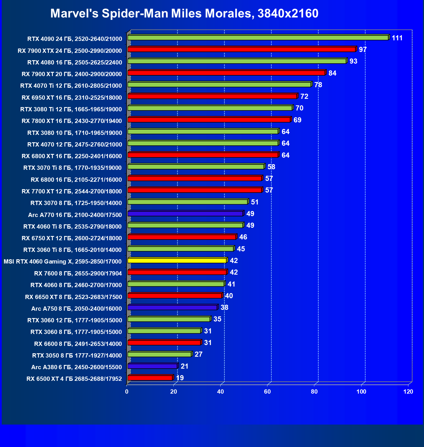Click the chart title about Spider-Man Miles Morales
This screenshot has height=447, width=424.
(x=184, y=13)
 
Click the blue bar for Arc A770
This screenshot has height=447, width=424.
(x=185, y=214)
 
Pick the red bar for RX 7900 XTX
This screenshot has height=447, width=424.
(x=241, y=49)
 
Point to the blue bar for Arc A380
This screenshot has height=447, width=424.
(x=152, y=366)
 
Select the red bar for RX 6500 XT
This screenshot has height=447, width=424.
(x=150, y=378)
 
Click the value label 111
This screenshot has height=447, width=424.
(x=397, y=38)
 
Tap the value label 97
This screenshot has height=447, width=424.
(x=363, y=50)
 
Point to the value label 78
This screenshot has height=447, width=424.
(x=318, y=85)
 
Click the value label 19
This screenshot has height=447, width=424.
(x=180, y=378)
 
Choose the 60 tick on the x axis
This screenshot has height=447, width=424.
(x=267, y=392)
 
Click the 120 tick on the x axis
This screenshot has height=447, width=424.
(x=408, y=392)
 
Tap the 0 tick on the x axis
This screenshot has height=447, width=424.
(x=127, y=392)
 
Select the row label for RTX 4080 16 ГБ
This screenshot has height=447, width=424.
(x=75, y=62)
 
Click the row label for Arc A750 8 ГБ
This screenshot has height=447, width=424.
(x=76, y=309)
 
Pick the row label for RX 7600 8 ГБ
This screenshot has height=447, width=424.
(x=78, y=273)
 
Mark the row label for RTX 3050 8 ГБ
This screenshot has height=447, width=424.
(x=77, y=356)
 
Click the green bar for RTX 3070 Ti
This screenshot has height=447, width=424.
(x=196, y=167)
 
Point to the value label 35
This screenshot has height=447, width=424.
(x=217, y=319)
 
